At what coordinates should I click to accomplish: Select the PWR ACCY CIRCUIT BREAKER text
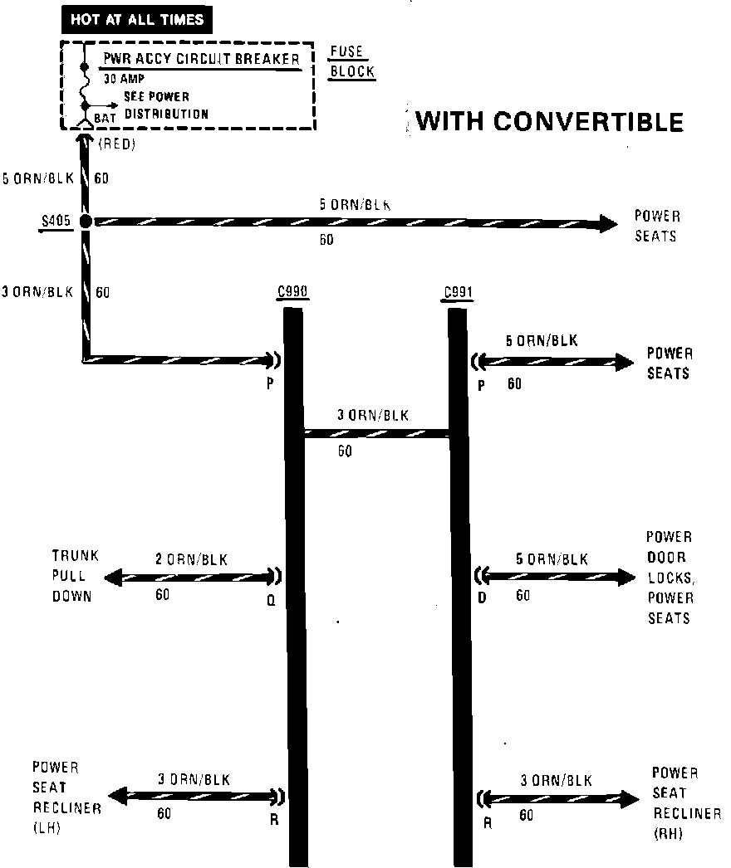coord(200,60)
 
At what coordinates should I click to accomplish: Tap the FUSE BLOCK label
coord(351,61)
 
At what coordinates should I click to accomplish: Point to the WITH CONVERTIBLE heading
coord(549,121)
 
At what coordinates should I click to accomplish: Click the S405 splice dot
coord(86,222)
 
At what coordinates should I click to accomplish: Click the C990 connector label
coord(292,292)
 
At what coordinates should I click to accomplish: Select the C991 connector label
coord(458,292)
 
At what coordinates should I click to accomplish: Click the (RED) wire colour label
coord(116,144)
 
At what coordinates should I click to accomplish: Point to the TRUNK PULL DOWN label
coord(76,576)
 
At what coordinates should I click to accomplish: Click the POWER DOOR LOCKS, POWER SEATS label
coord(670,578)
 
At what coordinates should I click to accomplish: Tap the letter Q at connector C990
coord(270,603)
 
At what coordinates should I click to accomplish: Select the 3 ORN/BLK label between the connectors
coord(372,416)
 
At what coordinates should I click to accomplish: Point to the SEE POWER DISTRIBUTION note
coord(166,105)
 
